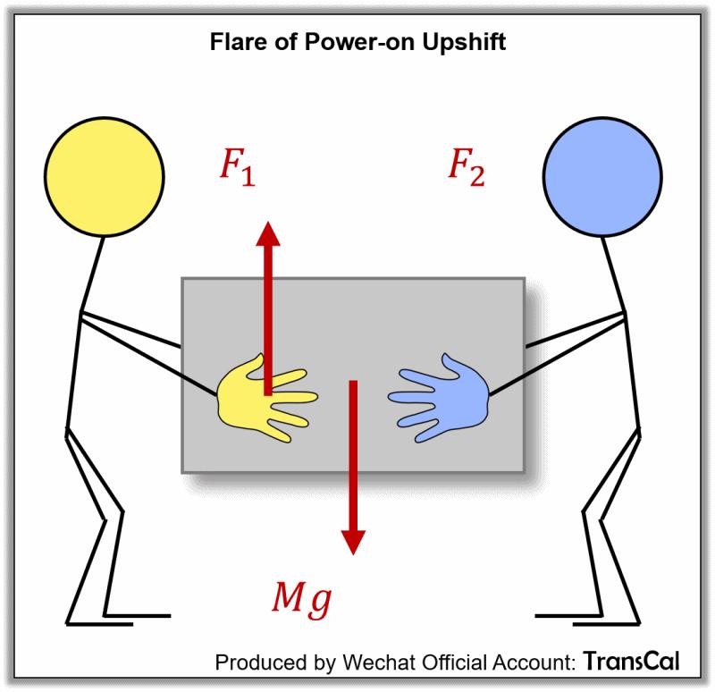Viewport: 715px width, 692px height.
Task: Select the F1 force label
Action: (236, 167)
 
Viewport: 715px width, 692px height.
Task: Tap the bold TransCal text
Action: (631, 662)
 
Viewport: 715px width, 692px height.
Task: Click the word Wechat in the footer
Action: (367, 662)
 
